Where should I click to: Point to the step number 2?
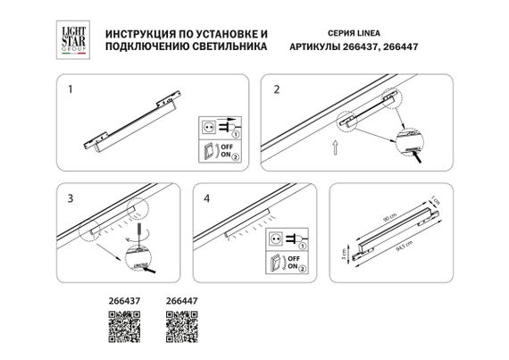(x=277, y=89)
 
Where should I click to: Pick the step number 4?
(x=206, y=197)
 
